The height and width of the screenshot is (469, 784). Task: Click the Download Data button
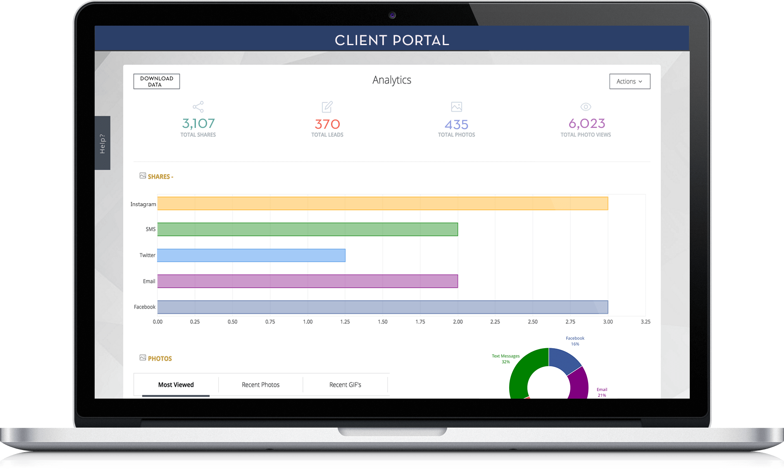pyautogui.click(x=157, y=82)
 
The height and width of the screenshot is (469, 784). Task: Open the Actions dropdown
pyautogui.click(x=629, y=82)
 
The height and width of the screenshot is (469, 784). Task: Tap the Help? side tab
pyautogui.click(x=102, y=143)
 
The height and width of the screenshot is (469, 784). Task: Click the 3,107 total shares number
pyautogui.click(x=198, y=123)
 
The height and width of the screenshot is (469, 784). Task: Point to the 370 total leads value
pyautogui.click(x=327, y=124)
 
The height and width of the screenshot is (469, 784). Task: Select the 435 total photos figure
pyautogui.click(x=456, y=125)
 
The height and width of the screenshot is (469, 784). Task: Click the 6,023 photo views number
pyautogui.click(x=586, y=123)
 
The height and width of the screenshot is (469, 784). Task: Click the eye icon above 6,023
pyautogui.click(x=586, y=107)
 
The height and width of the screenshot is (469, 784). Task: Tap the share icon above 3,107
pyautogui.click(x=198, y=107)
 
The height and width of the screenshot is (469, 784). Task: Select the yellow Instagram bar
pyautogui.click(x=382, y=204)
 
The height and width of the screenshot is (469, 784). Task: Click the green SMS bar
pyautogui.click(x=307, y=229)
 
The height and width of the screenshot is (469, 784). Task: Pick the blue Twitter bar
pyautogui.click(x=251, y=255)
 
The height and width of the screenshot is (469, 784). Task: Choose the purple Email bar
pyautogui.click(x=307, y=281)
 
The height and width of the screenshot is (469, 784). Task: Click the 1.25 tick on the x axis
pyautogui.click(x=345, y=322)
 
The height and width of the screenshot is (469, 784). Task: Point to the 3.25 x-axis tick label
pyautogui.click(x=645, y=322)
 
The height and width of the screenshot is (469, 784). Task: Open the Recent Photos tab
pyautogui.click(x=260, y=385)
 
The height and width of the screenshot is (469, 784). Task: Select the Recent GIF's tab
pyautogui.click(x=345, y=385)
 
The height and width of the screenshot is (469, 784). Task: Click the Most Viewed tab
pyautogui.click(x=176, y=385)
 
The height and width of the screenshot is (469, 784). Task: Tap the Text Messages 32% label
pyautogui.click(x=505, y=358)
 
